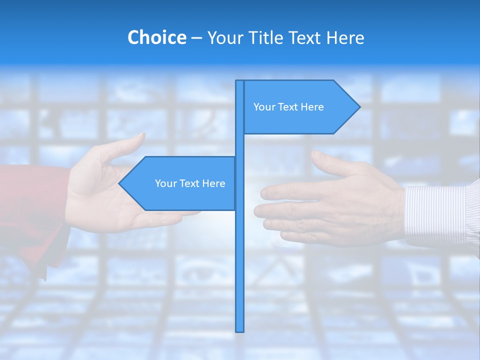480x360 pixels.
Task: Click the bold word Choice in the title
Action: click(156, 37)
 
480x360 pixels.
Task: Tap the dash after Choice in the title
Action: click(196, 38)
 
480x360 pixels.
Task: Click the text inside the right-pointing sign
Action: click(288, 107)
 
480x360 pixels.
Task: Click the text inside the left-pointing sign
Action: click(190, 183)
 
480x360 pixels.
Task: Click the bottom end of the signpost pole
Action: click(240, 330)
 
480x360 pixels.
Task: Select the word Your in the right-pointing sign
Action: click(263, 107)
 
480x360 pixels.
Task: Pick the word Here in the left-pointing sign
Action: click(213, 183)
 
